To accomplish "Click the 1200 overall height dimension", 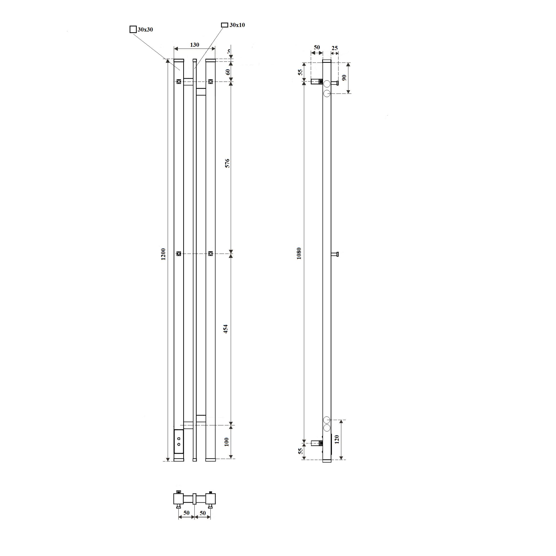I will pos(163,254).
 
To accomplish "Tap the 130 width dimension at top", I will pos(195,45).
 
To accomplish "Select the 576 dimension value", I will pos(227,163).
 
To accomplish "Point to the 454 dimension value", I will pos(226,329).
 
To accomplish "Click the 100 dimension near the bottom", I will pos(227,442).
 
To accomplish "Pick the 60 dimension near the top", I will pos(228,72).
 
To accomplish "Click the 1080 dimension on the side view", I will pos(299,253).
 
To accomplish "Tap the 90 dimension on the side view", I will pos(344,77).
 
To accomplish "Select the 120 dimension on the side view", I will pos(337,439).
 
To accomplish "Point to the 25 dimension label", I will pos(334,48).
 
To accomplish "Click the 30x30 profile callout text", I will pos(145,30).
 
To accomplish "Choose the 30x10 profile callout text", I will pos(237,25).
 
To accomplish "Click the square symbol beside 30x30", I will pos(133,29).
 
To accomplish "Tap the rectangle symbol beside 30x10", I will pos(224,25).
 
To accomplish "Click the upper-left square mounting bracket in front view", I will pos(179,82).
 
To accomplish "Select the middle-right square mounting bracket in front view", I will pos(211,254).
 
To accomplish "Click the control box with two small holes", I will pos(179,442).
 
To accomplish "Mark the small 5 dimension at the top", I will pos(229,51).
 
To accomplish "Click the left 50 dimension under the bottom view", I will pos(187,513).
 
